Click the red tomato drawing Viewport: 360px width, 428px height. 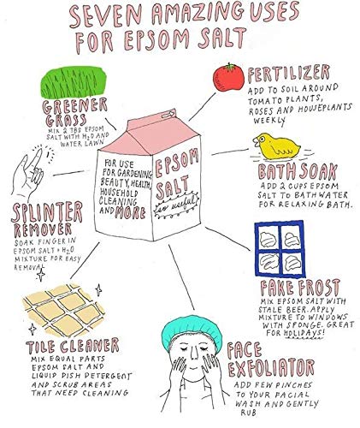click(228, 78)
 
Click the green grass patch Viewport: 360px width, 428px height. click(73, 82)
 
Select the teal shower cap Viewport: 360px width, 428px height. click(191, 330)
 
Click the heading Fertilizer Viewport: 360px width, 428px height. click(288, 73)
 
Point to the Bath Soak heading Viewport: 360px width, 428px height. click(298, 171)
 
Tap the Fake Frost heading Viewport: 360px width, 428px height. click(300, 288)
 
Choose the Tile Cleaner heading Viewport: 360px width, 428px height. click(73, 346)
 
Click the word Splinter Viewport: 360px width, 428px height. click(47, 211)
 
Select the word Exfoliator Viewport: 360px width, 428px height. click(271, 368)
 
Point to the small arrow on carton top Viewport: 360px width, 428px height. click(168, 115)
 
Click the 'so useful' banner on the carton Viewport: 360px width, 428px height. click(176, 205)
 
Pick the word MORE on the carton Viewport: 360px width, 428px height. click(130, 212)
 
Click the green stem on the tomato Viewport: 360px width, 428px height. click(230, 67)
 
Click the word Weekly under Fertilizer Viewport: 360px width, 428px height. click(269, 121)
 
